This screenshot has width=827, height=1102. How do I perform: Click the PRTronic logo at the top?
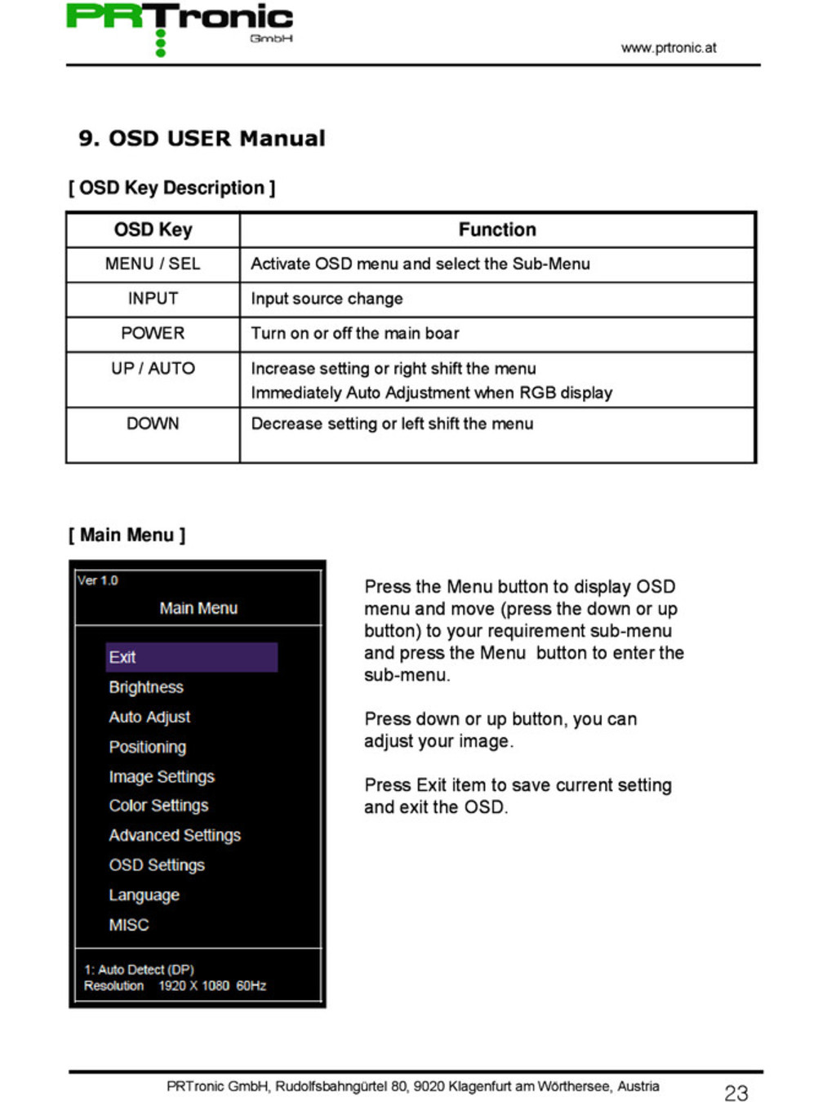click(x=180, y=24)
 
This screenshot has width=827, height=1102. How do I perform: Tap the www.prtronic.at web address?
click(x=668, y=47)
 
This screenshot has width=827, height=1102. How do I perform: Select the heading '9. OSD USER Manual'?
click(x=202, y=138)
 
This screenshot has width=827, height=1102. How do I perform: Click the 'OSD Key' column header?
click(x=153, y=229)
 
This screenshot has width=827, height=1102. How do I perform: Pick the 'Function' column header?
click(x=497, y=229)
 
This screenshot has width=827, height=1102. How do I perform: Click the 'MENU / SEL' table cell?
click(x=153, y=264)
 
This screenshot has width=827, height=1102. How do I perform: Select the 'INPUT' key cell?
click(x=153, y=299)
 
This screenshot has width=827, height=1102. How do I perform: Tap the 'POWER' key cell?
click(x=153, y=333)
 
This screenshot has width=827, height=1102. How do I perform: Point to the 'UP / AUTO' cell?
click(x=153, y=368)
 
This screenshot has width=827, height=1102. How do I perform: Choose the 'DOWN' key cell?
click(x=153, y=424)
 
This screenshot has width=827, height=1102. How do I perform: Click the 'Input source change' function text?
click(x=327, y=299)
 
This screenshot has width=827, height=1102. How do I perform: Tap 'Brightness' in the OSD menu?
click(x=146, y=687)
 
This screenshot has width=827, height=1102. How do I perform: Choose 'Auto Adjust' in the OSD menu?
click(x=149, y=717)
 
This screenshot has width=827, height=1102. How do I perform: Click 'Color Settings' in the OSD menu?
click(x=158, y=806)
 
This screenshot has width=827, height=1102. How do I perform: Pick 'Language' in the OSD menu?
click(x=144, y=895)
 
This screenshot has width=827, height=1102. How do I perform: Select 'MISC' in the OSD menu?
click(x=129, y=925)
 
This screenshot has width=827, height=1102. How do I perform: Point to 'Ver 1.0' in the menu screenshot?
click(x=97, y=580)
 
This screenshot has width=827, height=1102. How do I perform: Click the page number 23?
click(x=736, y=1093)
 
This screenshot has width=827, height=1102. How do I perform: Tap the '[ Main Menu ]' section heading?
click(x=127, y=535)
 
